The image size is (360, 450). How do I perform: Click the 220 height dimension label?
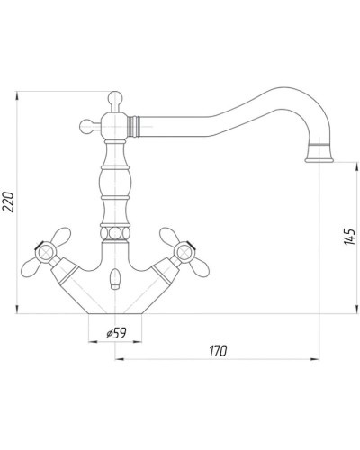click(x=9, y=202)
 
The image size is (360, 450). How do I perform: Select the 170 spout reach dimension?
click(x=218, y=351)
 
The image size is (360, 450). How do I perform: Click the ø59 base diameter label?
click(x=116, y=333)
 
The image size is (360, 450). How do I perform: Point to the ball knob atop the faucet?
click(x=115, y=98)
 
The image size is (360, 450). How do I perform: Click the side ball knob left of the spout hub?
click(x=86, y=126)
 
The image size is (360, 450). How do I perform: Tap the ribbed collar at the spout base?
click(x=133, y=126)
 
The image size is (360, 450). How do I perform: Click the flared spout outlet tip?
click(x=319, y=156)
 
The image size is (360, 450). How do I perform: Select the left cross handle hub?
click(x=45, y=253)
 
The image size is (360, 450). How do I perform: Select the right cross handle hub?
click(x=185, y=253)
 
